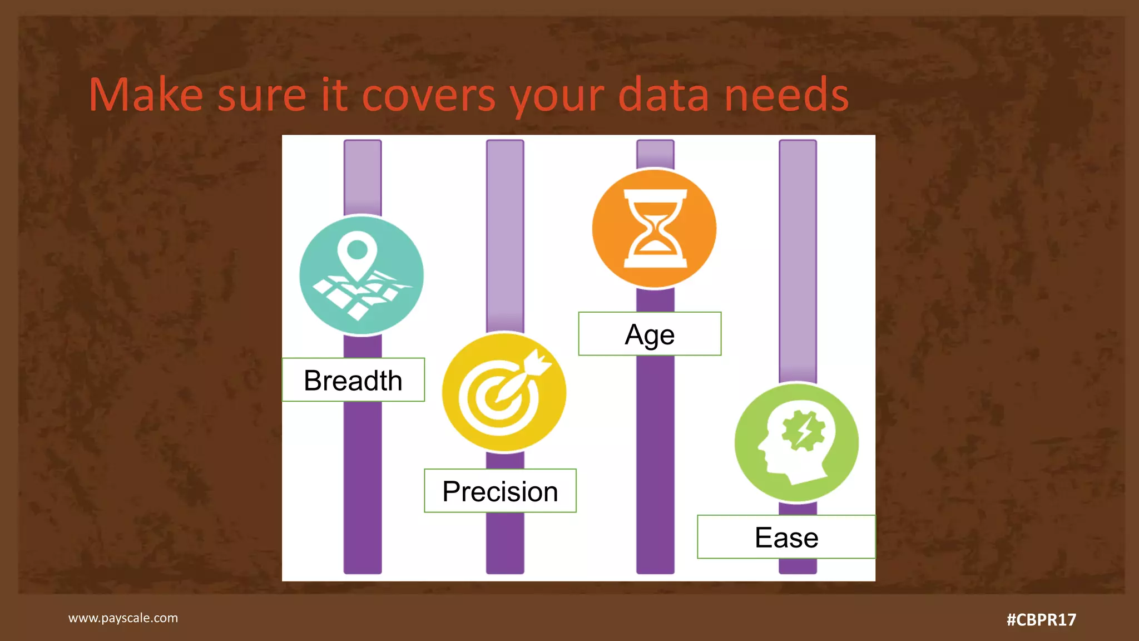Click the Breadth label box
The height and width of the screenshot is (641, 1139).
click(353, 380)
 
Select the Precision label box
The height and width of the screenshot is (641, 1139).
click(500, 491)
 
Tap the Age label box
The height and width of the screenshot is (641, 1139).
click(650, 334)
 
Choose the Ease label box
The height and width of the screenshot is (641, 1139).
click(786, 537)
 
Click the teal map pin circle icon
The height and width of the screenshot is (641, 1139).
click(361, 275)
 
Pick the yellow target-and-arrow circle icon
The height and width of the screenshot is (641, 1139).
click(504, 392)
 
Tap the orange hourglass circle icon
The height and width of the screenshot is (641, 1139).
click(655, 229)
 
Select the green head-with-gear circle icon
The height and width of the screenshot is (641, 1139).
click(796, 443)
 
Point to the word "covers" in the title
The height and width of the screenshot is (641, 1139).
click(428, 96)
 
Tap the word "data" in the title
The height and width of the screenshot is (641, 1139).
click(663, 96)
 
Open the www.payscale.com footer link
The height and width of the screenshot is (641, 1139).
click(123, 618)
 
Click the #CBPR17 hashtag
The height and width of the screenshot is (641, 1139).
click(1041, 619)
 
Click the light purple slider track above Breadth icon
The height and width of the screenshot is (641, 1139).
click(363, 177)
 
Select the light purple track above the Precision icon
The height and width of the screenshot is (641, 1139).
click(505, 234)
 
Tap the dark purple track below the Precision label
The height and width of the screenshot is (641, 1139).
click(505, 543)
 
